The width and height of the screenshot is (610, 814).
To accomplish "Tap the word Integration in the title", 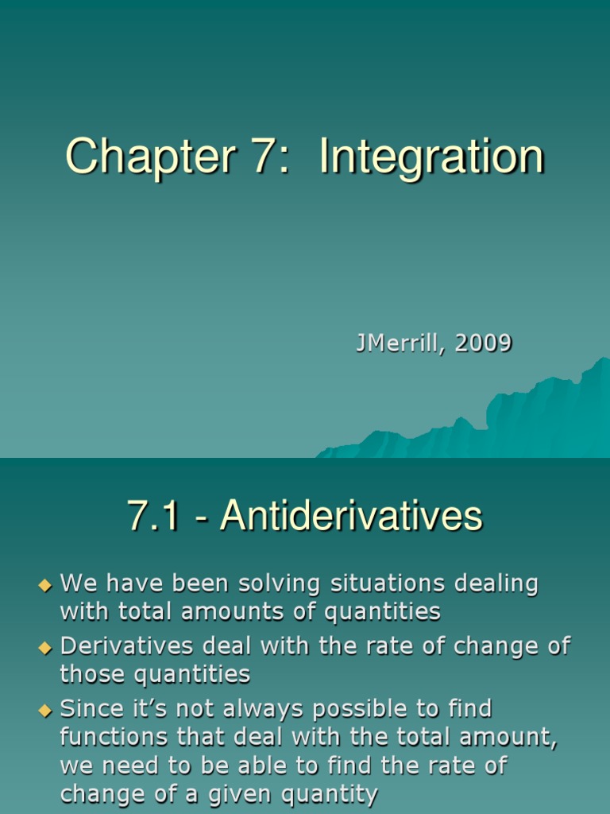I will pyautogui.click(x=431, y=157).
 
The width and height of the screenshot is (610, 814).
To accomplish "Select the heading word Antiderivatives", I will pyautogui.click(x=352, y=516).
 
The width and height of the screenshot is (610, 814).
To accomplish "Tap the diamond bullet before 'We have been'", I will pyautogui.click(x=44, y=586).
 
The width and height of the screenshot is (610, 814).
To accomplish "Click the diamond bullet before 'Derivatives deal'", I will pyautogui.click(x=44, y=648).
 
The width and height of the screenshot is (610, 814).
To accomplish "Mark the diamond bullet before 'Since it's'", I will pyautogui.click(x=44, y=710).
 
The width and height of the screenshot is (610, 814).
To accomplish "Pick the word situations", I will pyautogui.click(x=388, y=584).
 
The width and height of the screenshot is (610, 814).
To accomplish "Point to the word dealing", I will pyautogui.click(x=496, y=584).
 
